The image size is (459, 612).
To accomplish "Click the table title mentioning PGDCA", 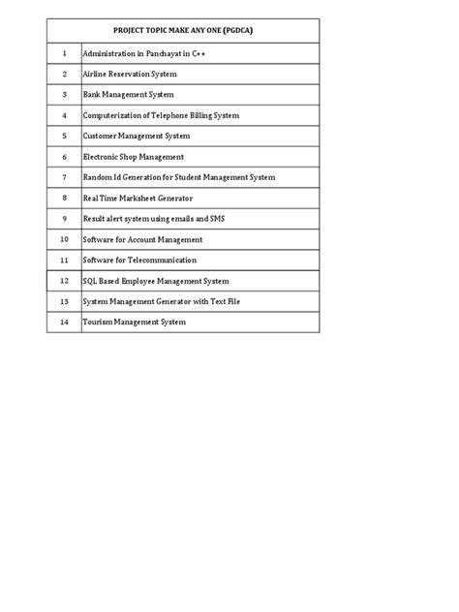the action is click(x=183, y=31).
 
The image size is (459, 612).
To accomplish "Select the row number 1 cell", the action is click(x=64, y=52).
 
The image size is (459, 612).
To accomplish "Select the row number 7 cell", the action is click(x=64, y=177).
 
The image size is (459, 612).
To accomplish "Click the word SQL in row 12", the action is click(x=91, y=281).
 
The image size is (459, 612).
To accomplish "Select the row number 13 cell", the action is click(x=64, y=301).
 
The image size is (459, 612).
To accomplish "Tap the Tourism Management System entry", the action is click(x=134, y=321).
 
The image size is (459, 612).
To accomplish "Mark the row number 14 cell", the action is click(x=64, y=321).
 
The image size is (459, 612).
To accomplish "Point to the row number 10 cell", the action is click(x=64, y=239).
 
